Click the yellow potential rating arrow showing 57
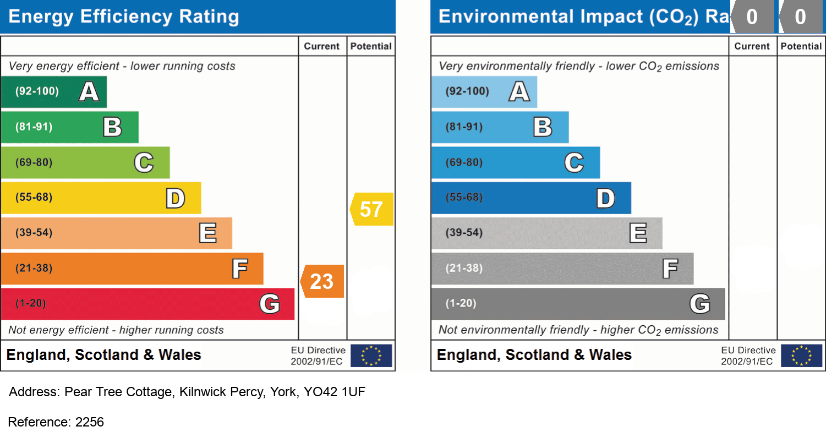pyautogui.click(x=372, y=209)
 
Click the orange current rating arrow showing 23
pyautogui.click(x=322, y=281)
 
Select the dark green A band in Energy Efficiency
pyautogui.click(x=53, y=92)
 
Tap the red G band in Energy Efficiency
pyautogui.click(x=147, y=304)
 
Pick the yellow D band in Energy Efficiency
pyautogui.click(x=101, y=198)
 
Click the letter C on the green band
pyautogui.click(x=144, y=163)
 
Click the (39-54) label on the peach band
pyautogui.click(x=34, y=233)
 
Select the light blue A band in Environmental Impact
pyautogui.click(x=484, y=92)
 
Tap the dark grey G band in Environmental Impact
pyautogui.click(x=578, y=304)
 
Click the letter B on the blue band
pyautogui.click(x=543, y=128)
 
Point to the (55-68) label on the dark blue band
pyautogui.click(x=464, y=198)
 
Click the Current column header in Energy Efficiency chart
pyautogui.click(x=322, y=46)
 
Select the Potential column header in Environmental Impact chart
pyautogui.click(x=801, y=46)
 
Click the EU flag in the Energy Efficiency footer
pyautogui.click(x=371, y=356)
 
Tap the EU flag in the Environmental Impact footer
pyautogui.click(x=801, y=356)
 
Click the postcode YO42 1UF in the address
pyautogui.click(x=335, y=392)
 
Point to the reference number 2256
pyautogui.click(x=89, y=422)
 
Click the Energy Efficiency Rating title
pyautogui.click(x=124, y=17)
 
